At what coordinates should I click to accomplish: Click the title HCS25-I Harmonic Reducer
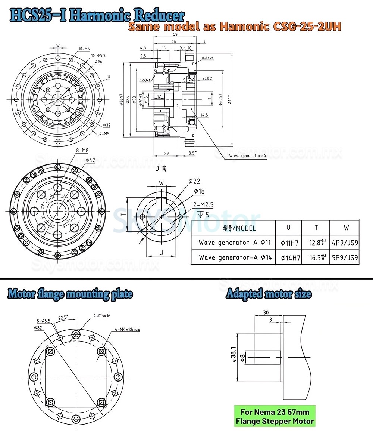coord(97,16)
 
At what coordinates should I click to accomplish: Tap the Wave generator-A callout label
coord(247,156)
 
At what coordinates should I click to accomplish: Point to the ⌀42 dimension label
coord(91,160)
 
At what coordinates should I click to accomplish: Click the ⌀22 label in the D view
coord(194,181)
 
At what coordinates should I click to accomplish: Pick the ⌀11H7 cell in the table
coord(289,243)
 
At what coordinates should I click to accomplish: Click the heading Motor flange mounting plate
coord(70,294)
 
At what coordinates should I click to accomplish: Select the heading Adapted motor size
coord(269,294)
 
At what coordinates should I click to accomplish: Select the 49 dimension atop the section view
coord(175,34)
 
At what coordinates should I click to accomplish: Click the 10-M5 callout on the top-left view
coord(84,49)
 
